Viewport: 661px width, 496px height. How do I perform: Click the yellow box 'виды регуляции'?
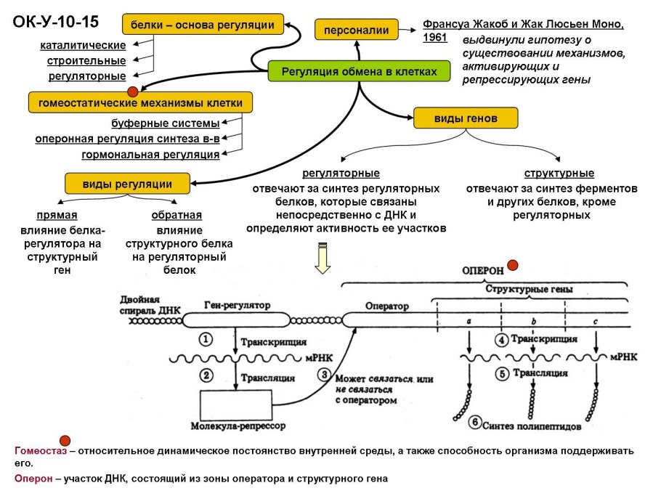click(127, 183)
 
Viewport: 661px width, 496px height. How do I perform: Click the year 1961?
click(435, 38)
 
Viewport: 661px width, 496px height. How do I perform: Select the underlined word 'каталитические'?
click(83, 46)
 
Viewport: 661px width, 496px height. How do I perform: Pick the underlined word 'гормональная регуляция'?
click(150, 155)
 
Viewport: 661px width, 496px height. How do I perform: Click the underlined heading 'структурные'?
click(559, 174)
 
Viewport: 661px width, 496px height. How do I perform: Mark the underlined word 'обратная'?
click(177, 216)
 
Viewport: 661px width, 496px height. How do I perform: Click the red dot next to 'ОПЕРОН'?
click(513, 266)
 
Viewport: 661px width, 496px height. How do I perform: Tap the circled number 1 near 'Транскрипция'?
click(206, 339)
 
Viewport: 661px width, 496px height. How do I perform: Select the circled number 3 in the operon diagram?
click(323, 375)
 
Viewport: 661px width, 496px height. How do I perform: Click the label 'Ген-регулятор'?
click(238, 306)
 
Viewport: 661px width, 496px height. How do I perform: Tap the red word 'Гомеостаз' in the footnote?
click(40, 451)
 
